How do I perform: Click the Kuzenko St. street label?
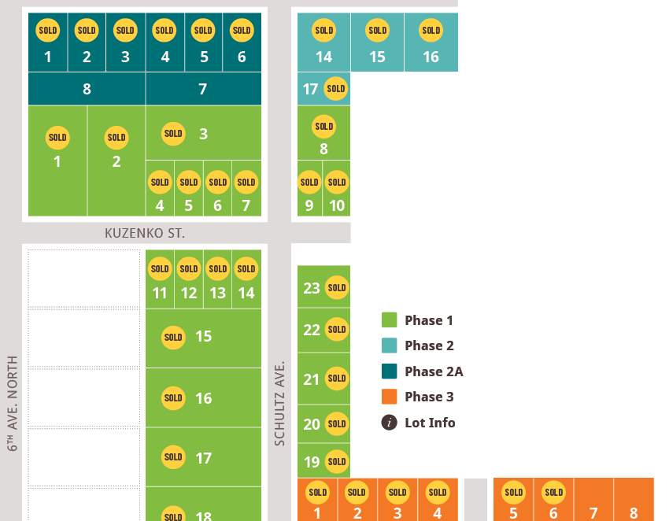(x=145, y=233)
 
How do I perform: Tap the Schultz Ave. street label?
(x=279, y=404)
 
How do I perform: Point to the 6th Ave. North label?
(x=13, y=404)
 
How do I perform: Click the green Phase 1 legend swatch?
(x=389, y=320)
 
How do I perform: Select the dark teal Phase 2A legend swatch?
(x=389, y=371)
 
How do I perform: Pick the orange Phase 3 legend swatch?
(x=389, y=397)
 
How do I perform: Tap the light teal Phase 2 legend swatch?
(x=389, y=345)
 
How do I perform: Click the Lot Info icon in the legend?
(x=389, y=423)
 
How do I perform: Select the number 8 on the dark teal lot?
(x=87, y=89)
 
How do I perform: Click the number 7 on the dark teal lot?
(x=202, y=89)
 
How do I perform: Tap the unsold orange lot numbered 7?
(x=593, y=499)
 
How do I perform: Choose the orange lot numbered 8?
(x=634, y=499)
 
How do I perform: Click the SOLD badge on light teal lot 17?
(x=336, y=89)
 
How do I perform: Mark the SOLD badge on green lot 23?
(x=337, y=287)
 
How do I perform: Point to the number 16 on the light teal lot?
(x=431, y=57)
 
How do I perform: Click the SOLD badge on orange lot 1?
(x=318, y=493)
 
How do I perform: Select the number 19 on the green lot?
(x=312, y=462)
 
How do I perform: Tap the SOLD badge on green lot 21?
(x=337, y=379)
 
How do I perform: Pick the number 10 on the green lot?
(x=337, y=205)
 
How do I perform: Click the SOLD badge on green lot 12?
(x=189, y=269)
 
